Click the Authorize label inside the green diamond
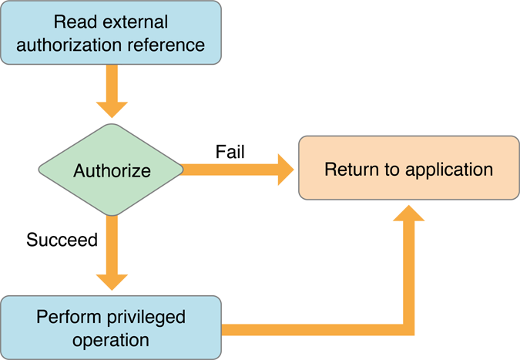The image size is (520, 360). point(112,170)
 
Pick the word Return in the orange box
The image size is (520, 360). point(349,169)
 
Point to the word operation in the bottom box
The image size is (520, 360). point(110,339)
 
